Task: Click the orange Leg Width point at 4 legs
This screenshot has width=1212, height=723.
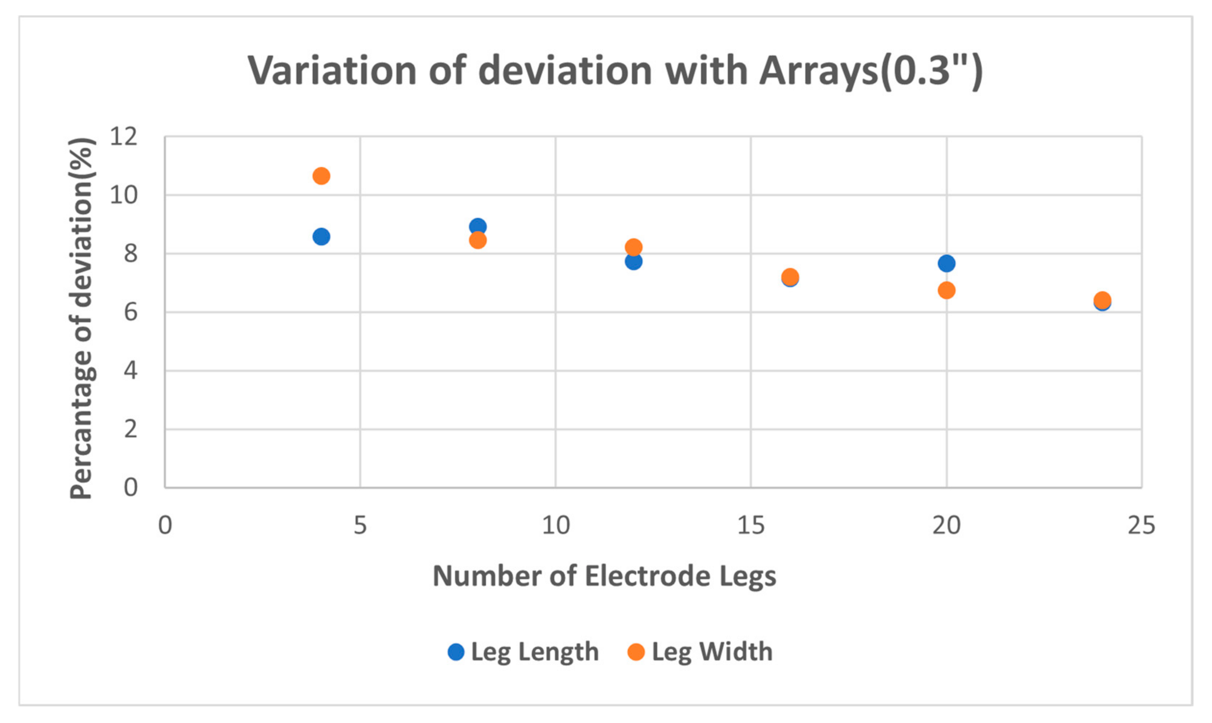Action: point(321,176)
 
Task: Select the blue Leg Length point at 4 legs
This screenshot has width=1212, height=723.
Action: point(321,237)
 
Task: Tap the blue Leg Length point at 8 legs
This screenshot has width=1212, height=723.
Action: point(478,226)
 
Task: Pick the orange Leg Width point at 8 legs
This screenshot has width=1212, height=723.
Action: point(478,240)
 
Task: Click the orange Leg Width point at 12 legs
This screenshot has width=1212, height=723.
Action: point(633,247)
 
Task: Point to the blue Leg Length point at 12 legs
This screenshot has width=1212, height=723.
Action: point(633,262)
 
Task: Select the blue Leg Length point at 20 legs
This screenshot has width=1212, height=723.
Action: point(946,264)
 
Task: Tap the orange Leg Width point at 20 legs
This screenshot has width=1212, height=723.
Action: point(946,290)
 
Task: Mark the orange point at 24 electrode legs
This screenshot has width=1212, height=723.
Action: point(1102,300)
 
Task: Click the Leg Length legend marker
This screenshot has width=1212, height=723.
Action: point(456,652)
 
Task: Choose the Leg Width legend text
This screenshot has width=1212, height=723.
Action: point(712,652)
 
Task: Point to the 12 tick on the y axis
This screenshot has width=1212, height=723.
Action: point(124,136)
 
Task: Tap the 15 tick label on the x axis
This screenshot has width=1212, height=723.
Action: point(751,526)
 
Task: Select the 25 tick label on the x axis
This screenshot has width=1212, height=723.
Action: point(1141,526)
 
